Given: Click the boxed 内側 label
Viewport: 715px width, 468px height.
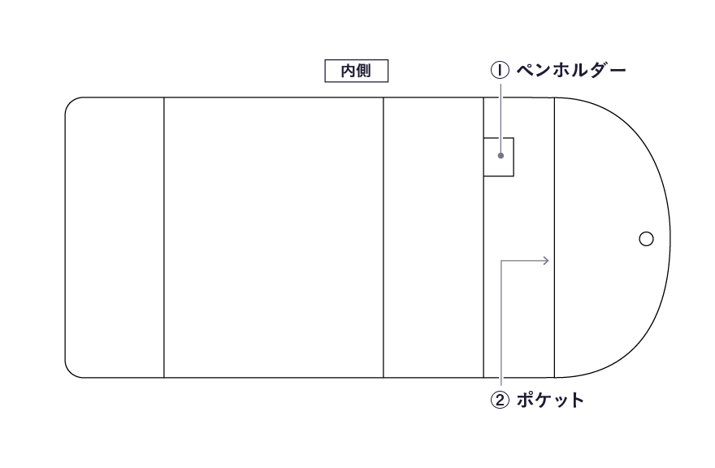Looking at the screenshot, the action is (356, 71).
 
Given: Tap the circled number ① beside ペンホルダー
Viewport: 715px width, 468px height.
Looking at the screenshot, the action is (500, 70).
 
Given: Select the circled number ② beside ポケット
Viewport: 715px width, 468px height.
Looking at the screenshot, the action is (500, 400).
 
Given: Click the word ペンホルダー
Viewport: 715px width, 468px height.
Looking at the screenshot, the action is (571, 70).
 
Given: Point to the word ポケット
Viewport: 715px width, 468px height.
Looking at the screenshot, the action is (550, 400).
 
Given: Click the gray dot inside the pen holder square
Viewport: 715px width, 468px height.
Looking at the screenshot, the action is (500, 155).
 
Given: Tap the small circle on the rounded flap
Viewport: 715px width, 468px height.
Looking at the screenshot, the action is (646, 239).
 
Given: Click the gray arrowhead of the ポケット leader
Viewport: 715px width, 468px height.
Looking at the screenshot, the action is (546, 261).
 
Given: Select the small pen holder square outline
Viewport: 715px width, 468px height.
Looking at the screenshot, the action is (499, 157).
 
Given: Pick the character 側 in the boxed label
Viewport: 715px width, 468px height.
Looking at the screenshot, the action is (363, 71).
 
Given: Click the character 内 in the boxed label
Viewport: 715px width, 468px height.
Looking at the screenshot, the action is (349, 71).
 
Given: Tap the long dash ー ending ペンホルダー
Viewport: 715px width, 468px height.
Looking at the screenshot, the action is (617, 70).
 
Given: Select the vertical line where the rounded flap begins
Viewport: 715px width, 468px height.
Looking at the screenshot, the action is (554, 237).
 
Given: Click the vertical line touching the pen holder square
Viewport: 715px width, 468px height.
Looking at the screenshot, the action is (483, 237).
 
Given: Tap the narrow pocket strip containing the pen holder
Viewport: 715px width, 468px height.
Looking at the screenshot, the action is (519, 237).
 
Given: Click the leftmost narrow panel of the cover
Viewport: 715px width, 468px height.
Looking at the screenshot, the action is (115, 237).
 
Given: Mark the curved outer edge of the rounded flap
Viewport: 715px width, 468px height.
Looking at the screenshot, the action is (670, 237).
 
